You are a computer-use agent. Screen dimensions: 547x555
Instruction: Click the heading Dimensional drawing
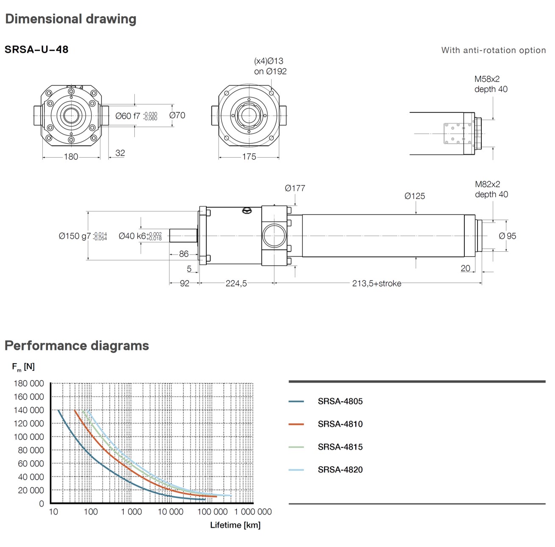tap(70, 19)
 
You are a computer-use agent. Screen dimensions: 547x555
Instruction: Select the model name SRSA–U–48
tap(36, 50)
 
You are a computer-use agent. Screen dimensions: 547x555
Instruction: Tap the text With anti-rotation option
tap(493, 50)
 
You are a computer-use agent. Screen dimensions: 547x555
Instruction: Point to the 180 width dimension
tap(71, 157)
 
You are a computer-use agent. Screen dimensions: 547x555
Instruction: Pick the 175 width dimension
tap(249, 157)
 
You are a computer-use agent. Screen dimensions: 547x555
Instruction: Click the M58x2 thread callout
tap(487, 79)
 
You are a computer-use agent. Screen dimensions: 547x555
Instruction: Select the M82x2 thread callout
tap(487, 184)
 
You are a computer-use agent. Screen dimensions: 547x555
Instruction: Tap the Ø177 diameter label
tap(295, 188)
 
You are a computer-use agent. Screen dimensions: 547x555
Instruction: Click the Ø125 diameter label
tap(414, 196)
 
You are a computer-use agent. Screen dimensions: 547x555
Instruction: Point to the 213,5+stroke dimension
tap(377, 283)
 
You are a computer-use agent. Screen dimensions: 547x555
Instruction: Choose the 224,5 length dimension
tap(236, 283)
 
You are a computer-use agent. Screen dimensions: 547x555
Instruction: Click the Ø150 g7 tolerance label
tap(83, 236)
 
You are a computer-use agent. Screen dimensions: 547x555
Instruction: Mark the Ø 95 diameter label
tap(508, 236)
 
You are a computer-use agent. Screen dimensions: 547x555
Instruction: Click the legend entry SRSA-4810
tap(340, 424)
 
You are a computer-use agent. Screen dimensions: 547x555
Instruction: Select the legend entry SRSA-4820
tap(340, 469)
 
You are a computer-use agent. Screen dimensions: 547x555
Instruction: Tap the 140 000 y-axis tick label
tap(29, 410)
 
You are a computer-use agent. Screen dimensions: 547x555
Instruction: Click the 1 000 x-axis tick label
tap(131, 512)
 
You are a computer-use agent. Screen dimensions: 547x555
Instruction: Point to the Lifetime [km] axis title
tap(235, 525)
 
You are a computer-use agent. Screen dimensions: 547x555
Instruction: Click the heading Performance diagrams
tap(77, 346)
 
